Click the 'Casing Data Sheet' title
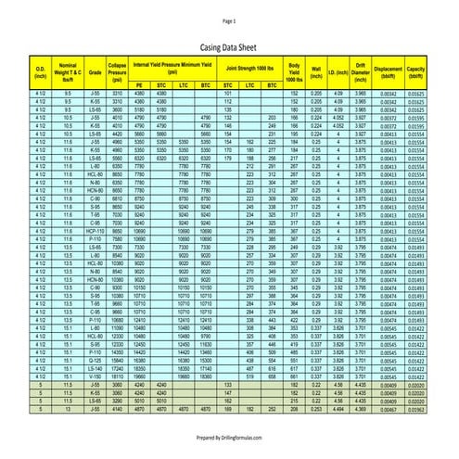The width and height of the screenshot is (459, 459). coord(229,45)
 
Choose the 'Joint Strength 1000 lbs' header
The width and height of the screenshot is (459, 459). coord(249,67)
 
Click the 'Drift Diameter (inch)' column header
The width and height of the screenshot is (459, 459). coord(361,69)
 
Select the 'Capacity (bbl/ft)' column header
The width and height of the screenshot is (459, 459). coord(416,69)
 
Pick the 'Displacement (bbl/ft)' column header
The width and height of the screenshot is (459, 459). coord(389,69)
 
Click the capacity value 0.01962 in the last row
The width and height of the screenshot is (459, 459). coord(416,409)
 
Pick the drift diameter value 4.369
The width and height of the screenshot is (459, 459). coord(361,409)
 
